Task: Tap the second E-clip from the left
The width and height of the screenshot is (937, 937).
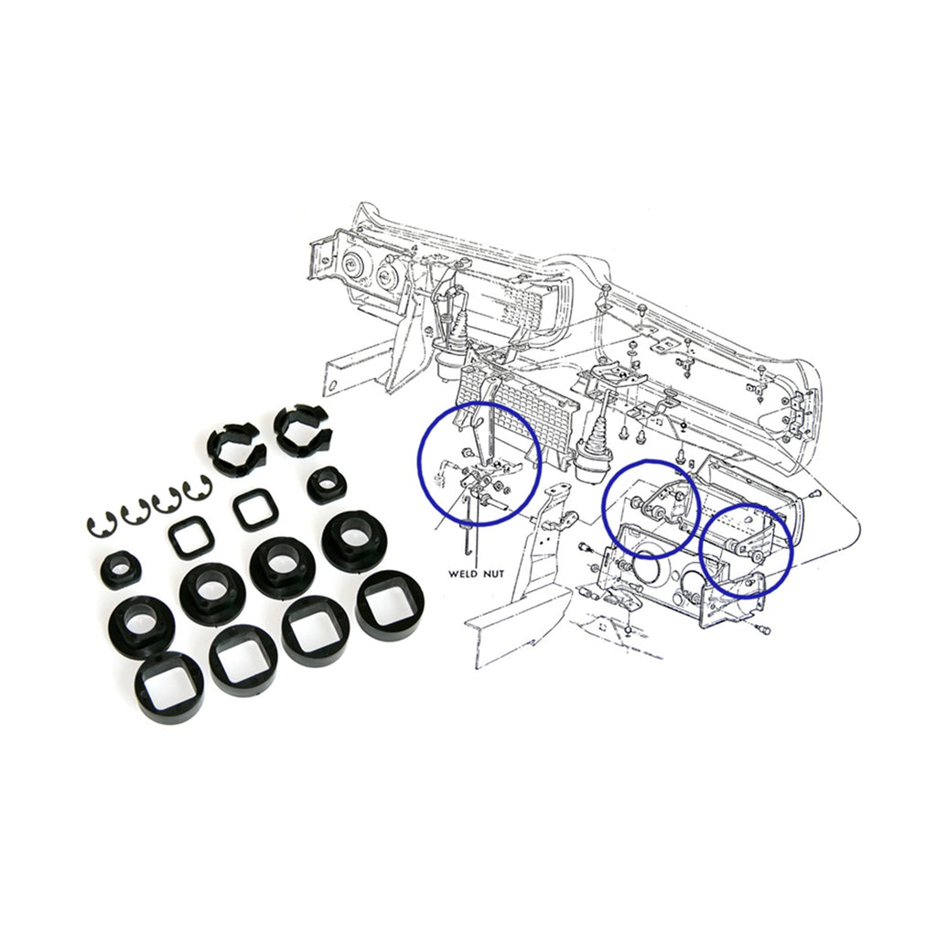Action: (x=136, y=513)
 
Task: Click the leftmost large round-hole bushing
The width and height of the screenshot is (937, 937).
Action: (x=141, y=626)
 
